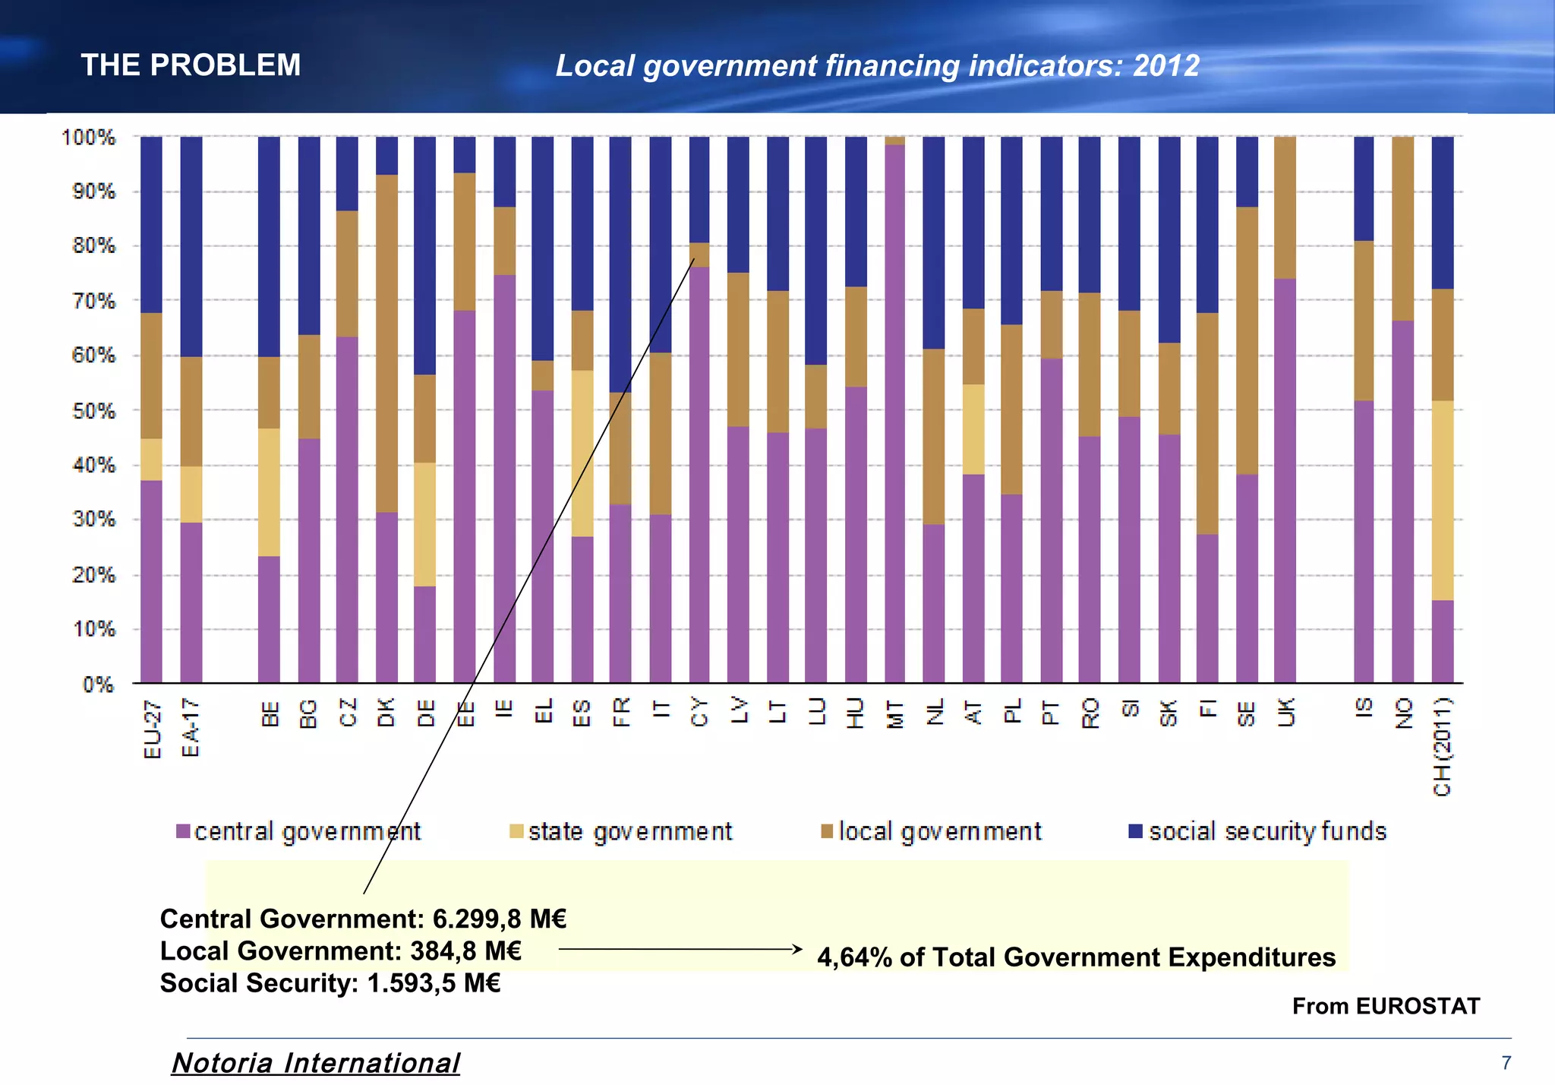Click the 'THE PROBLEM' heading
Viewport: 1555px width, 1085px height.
191,65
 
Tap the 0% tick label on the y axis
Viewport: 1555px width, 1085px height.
99,685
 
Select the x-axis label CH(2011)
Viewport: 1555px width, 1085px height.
1442,747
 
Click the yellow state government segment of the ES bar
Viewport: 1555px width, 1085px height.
582,454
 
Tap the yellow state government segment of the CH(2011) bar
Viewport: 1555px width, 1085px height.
1442,500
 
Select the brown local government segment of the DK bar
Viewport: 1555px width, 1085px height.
386,343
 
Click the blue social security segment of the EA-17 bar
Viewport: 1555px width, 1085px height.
191,247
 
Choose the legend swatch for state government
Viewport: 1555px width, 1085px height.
516,831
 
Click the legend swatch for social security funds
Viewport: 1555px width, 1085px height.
1136,831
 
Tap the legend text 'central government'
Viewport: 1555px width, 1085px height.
307,832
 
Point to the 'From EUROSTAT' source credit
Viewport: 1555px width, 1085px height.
1386,1006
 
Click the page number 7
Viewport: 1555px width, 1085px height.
1506,1063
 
